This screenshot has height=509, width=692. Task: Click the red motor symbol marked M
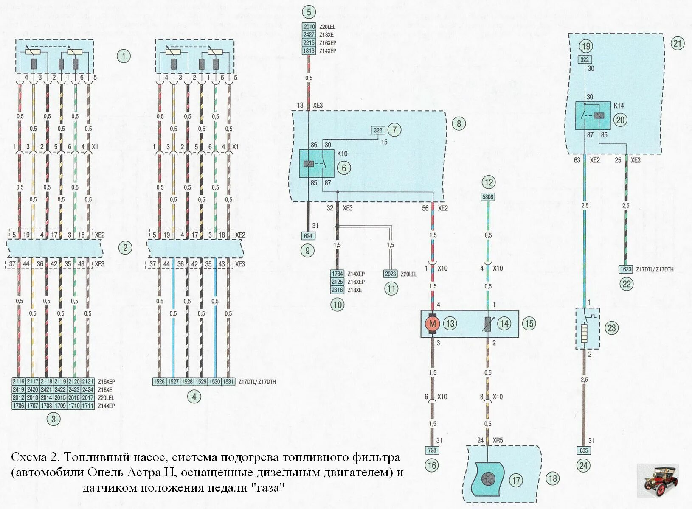(x=433, y=324)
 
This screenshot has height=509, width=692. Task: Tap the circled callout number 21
(x=678, y=43)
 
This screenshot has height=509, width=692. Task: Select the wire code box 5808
(x=488, y=197)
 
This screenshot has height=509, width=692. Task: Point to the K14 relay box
(x=593, y=115)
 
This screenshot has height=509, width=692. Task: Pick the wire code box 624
(x=308, y=236)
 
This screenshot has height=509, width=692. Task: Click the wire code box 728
(x=432, y=450)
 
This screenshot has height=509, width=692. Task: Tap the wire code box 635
(x=584, y=450)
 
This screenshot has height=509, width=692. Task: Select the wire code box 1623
(x=626, y=269)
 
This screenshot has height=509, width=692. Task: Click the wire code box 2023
(x=391, y=274)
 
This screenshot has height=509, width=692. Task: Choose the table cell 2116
(x=19, y=381)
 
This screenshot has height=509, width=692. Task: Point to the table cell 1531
(x=228, y=381)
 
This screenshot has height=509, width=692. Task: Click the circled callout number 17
(x=516, y=480)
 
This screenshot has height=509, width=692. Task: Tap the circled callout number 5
(x=309, y=12)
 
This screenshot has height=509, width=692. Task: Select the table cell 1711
(x=88, y=406)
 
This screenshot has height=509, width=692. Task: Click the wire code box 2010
(x=309, y=27)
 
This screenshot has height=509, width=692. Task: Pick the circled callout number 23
(x=611, y=328)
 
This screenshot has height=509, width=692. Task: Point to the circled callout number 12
(x=489, y=182)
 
